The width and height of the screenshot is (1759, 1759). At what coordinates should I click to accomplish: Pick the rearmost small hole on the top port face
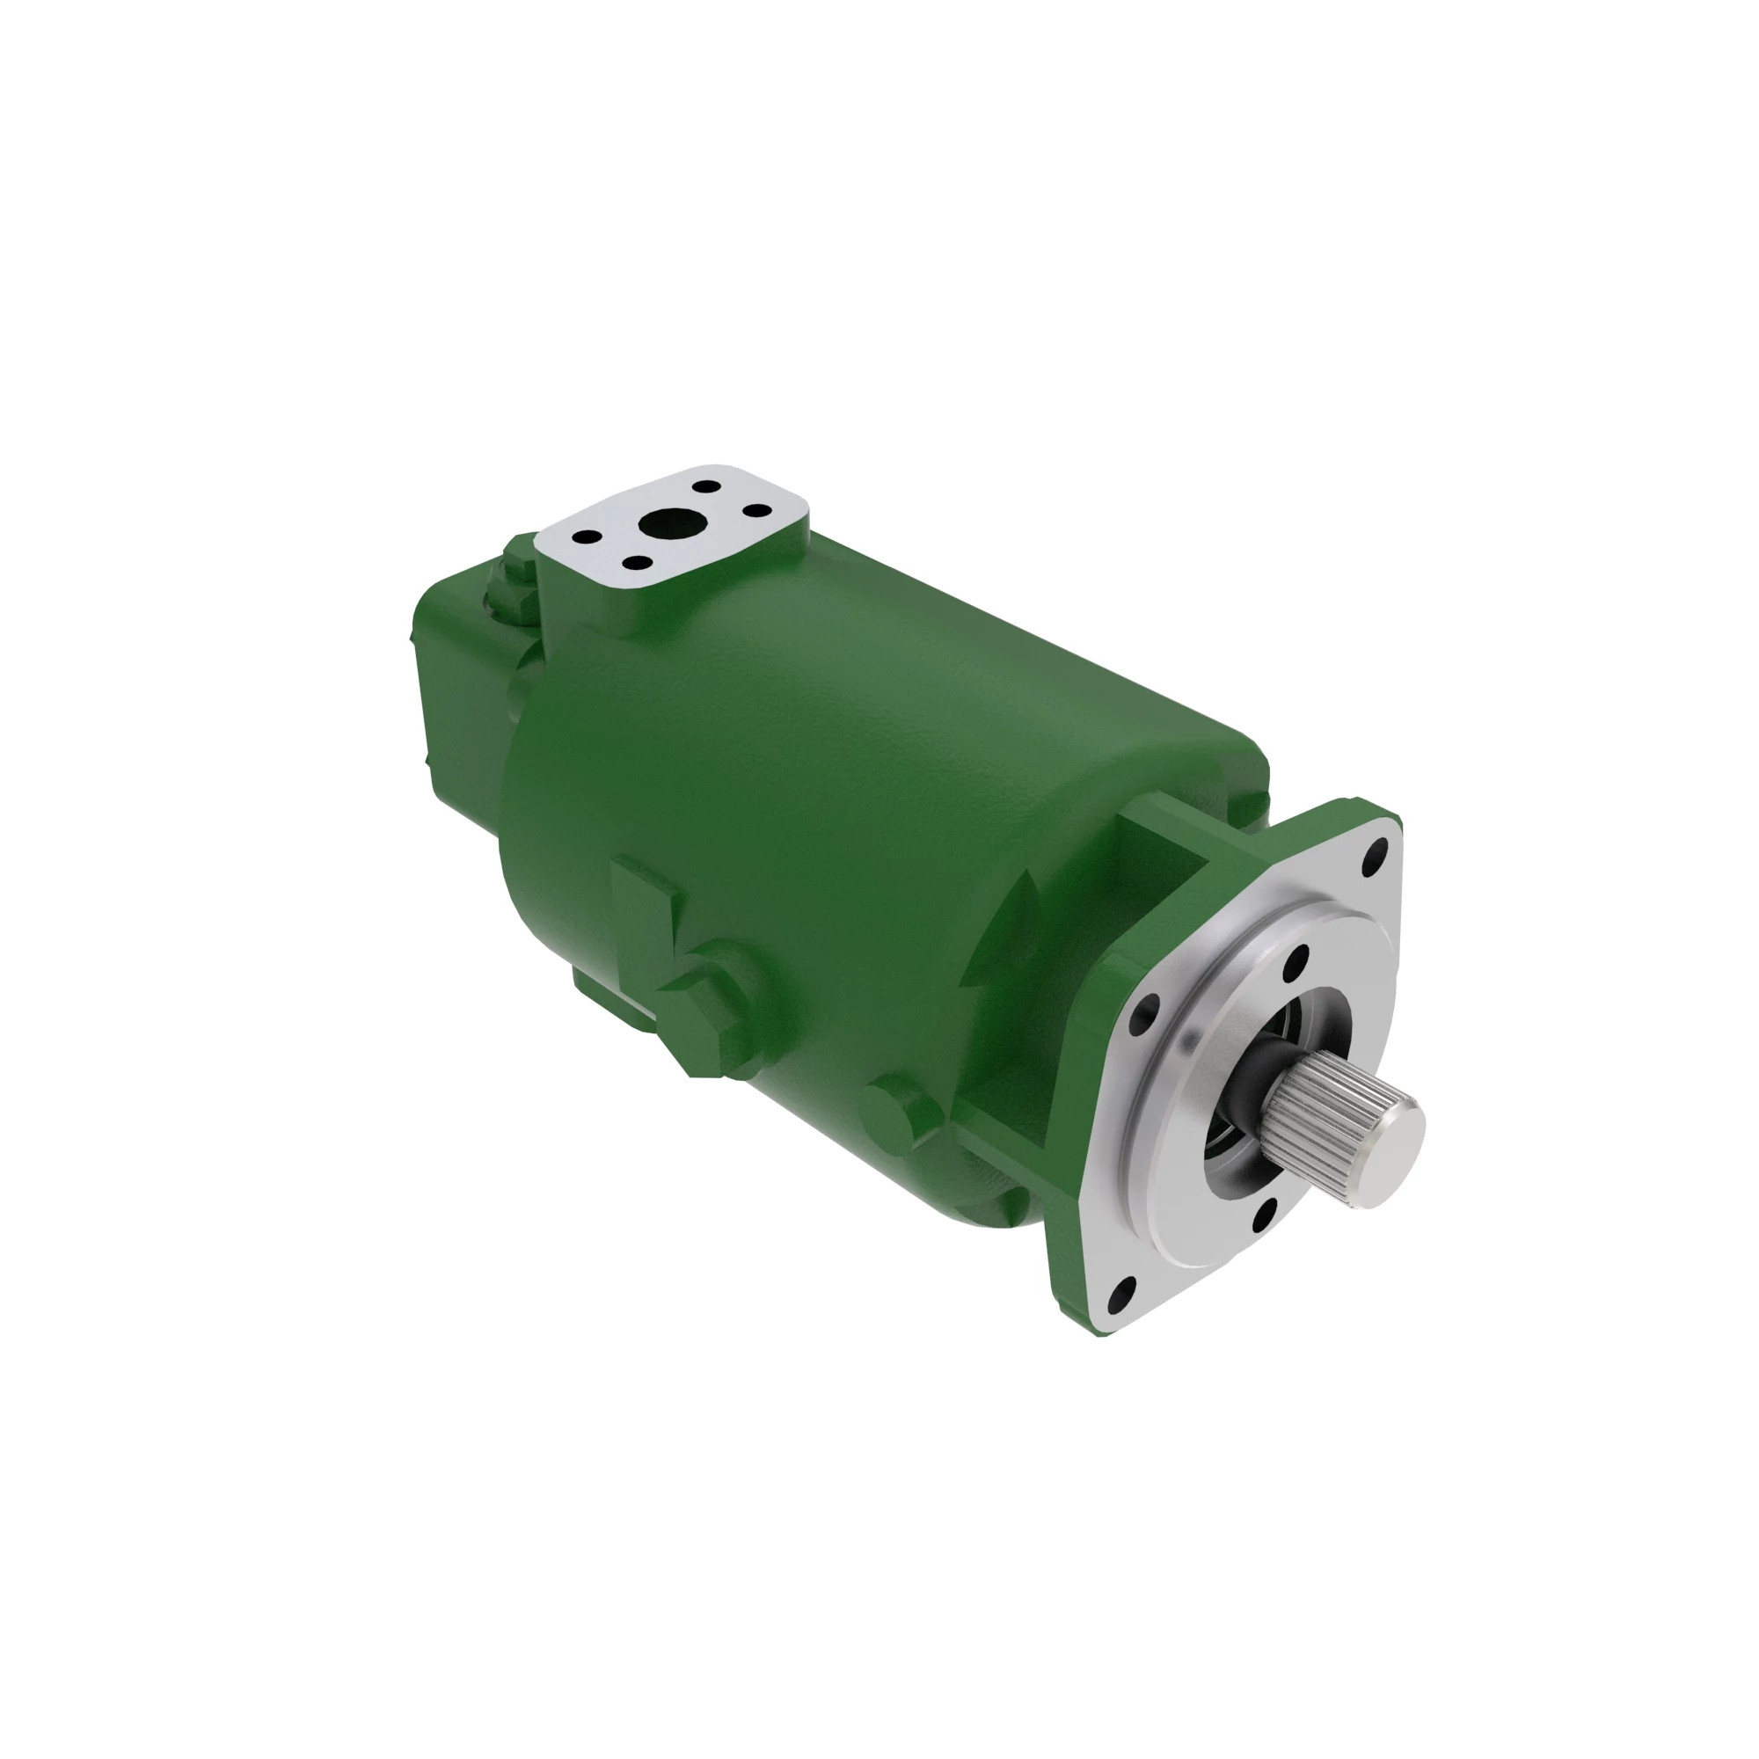click(705, 487)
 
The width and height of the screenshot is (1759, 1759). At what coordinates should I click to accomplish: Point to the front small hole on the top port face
click(639, 562)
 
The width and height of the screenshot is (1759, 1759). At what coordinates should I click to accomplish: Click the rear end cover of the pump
click(456, 692)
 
